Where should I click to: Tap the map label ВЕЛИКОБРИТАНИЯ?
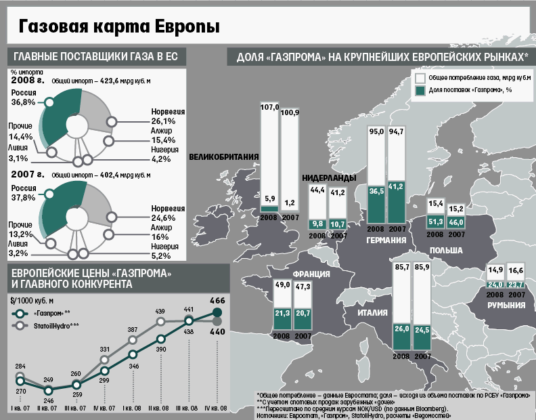pyautogui.click(x=224, y=158)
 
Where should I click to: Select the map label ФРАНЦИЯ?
pyautogui.click(x=311, y=274)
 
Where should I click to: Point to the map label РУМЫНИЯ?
pyautogui.click(x=507, y=306)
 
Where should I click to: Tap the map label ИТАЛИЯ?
pyautogui.click(x=372, y=313)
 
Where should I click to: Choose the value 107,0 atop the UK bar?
pyautogui.click(x=269, y=107)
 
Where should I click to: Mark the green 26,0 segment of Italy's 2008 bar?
pyautogui.click(x=401, y=329)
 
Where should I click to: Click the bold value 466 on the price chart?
pyautogui.click(x=218, y=300)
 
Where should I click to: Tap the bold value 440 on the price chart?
pyautogui.click(x=218, y=333)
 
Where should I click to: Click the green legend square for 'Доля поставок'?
pyautogui.click(x=420, y=89)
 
